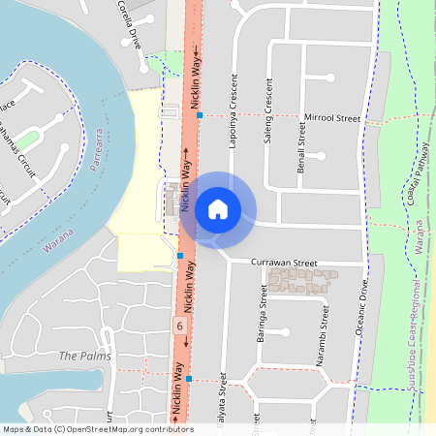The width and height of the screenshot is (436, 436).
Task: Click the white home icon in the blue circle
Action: click(218, 208)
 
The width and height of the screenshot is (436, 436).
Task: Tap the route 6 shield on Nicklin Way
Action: click(179, 326)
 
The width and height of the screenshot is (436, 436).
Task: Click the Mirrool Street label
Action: click(331, 117)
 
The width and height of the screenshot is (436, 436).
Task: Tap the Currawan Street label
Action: click(284, 263)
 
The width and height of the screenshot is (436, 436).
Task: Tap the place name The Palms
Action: click(80, 357)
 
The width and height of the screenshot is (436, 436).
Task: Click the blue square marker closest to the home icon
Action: click(180, 256)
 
